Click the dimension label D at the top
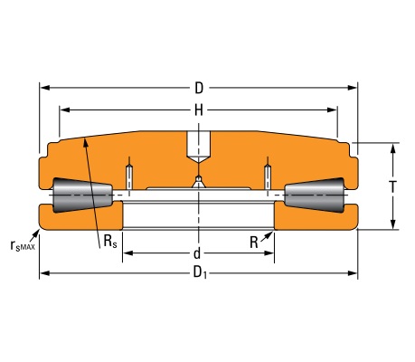click(x=199, y=89)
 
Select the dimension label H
click(x=199, y=110)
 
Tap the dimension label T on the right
click(x=392, y=186)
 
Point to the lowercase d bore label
click(x=197, y=253)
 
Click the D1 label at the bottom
click(x=200, y=272)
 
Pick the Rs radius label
click(x=110, y=242)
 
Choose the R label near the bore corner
click(x=254, y=243)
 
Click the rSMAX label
click(x=23, y=245)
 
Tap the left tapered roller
click(x=82, y=195)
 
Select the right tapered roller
click(x=315, y=195)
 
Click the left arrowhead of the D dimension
click(x=45, y=88)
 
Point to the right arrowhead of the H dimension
click(x=332, y=110)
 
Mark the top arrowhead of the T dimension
click(x=392, y=149)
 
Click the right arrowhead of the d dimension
click(x=269, y=252)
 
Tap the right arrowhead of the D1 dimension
click(x=353, y=273)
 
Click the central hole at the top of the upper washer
click(x=199, y=146)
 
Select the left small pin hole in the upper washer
click(x=129, y=177)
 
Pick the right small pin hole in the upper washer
click(x=268, y=177)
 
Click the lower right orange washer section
click(x=316, y=216)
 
